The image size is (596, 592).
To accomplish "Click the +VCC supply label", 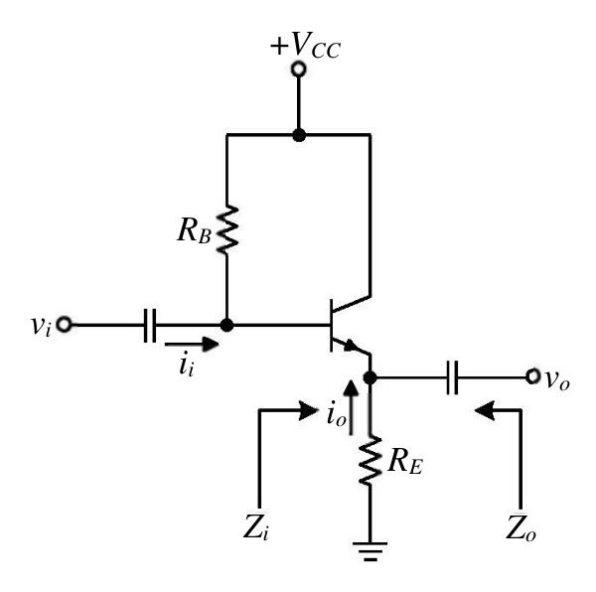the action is tap(305, 46).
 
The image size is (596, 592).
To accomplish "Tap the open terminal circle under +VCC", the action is tap(299, 70).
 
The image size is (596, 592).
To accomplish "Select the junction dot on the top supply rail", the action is tap(299, 135).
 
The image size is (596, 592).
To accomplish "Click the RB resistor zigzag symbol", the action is tap(226, 229).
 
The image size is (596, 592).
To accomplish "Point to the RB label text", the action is tap(194, 230).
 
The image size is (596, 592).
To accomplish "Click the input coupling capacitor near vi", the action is tap(150, 325).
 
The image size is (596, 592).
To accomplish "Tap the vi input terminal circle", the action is tap(64, 325).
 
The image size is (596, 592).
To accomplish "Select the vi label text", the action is tap(41, 326).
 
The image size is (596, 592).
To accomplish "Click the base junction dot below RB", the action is tap(226, 325).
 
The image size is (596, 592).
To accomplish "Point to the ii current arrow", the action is tap(192, 345).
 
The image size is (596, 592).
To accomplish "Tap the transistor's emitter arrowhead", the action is tap(352, 346).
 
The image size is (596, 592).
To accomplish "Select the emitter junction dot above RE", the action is tap(370, 377).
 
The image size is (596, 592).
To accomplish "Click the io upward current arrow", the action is tap(351, 407).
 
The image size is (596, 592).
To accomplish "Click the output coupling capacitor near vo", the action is tap(452, 377).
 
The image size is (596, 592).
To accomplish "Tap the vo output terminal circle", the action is tap(532, 376).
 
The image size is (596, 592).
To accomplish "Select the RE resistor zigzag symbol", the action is tap(370, 461).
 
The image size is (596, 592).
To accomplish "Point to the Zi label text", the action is tap(256, 527).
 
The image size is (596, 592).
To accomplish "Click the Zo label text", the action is tap(521, 528).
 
